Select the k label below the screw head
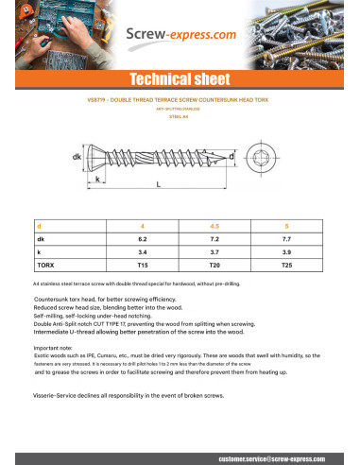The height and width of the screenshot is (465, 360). pos(98,179)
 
